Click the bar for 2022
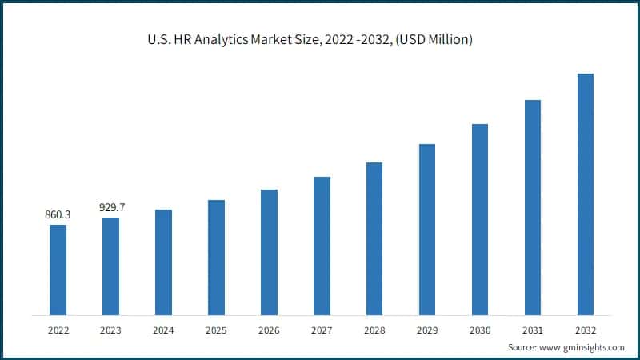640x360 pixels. coord(58,270)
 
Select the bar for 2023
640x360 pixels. coord(110,266)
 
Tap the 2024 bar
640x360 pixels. coord(163,262)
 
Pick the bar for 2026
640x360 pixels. coord(269,252)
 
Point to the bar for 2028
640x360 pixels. coord(374,238)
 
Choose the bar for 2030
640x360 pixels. coord(480,219)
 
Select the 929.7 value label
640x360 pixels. coord(112,207)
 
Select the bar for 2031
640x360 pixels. coord(533,207)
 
